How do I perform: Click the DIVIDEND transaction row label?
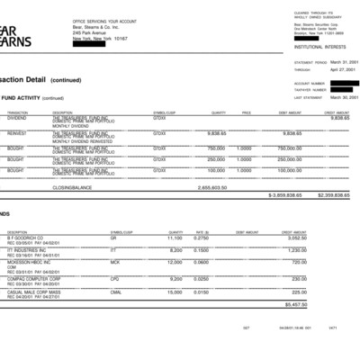tap(16, 117)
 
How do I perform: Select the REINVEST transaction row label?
tap(16, 131)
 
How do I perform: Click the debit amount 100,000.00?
tap(289, 169)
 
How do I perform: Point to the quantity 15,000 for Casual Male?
tap(175, 292)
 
